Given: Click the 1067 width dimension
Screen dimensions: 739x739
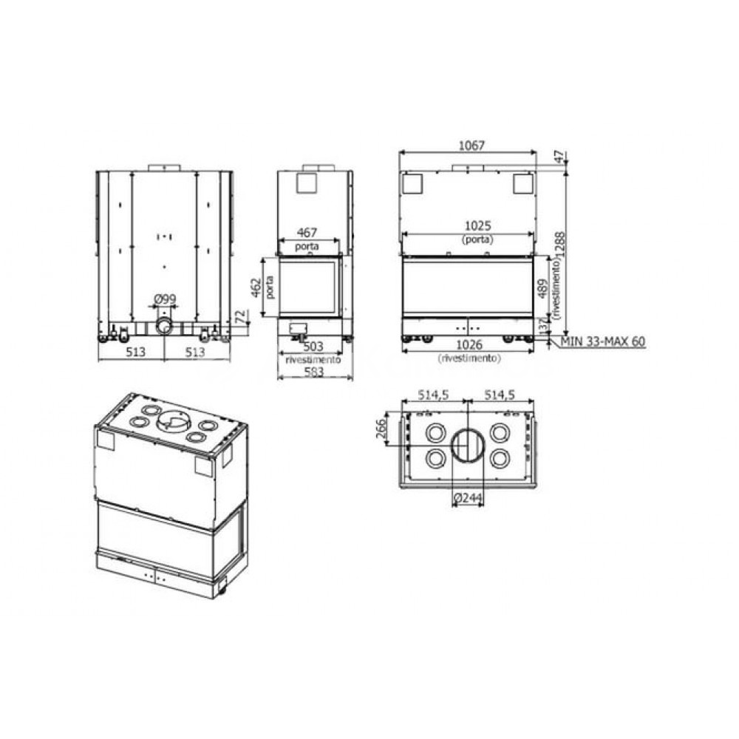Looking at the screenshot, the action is pos(471,146).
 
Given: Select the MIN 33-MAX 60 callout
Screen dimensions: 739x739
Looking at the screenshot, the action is pos(603,341).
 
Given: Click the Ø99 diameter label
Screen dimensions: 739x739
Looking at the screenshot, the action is pos(165,299).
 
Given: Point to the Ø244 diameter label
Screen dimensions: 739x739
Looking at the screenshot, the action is pos(468,497).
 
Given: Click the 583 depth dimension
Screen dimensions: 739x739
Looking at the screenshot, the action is pos(314,372).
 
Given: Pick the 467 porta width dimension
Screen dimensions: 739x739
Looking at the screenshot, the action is pos(307,232).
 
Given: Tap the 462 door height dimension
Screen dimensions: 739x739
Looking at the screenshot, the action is pos(256,287).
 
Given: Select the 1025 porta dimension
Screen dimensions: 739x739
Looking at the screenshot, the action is pos(477,225).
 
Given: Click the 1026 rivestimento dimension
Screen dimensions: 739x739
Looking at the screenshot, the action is pos(469,345).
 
